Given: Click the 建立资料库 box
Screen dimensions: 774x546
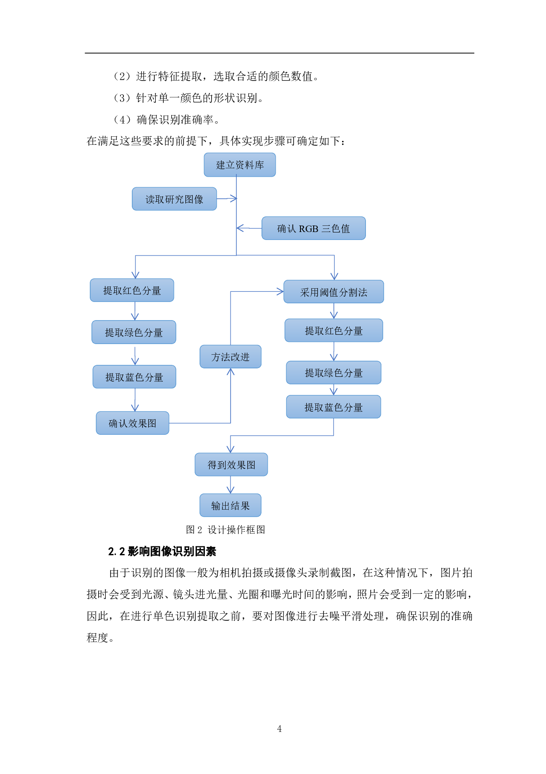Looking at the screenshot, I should [x=239, y=165].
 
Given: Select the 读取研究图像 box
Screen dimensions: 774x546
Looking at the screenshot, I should [x=174, y=199].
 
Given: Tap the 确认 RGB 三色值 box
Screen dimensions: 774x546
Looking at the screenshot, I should [x=313, y=228].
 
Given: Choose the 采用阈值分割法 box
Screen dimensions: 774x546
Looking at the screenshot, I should [x=334, y=292].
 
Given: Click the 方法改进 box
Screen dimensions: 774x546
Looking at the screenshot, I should [x=231, y=356].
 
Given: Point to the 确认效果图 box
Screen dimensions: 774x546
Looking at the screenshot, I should [x=132, y=423].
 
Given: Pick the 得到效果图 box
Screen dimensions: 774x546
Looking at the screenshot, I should [x=231, y=464].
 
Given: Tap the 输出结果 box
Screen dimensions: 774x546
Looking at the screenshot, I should [x=230, y=505].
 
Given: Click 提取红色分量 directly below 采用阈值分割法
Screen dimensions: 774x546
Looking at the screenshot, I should [x=334, y=330].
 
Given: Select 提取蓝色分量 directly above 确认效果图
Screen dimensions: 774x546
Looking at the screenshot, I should [x=134, y=377].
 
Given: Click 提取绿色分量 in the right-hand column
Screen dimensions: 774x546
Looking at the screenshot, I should [x=334, y=372].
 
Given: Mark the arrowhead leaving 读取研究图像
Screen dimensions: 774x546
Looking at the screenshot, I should [x=233, y=198].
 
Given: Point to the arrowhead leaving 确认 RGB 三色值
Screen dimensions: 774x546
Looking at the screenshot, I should [x=240, y=228].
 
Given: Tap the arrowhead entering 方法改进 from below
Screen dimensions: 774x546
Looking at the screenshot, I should [x=231, y=372].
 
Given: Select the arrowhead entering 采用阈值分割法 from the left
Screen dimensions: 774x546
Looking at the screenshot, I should [x=280, y=291].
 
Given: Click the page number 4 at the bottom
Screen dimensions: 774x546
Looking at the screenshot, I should [x=279, y=728].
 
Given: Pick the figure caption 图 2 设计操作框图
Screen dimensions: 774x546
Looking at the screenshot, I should [x=225, y=530].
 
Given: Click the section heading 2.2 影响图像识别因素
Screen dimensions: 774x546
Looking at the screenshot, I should [x=162, y=551].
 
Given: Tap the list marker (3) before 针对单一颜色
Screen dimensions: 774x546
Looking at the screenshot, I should [x=122, y=98].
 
